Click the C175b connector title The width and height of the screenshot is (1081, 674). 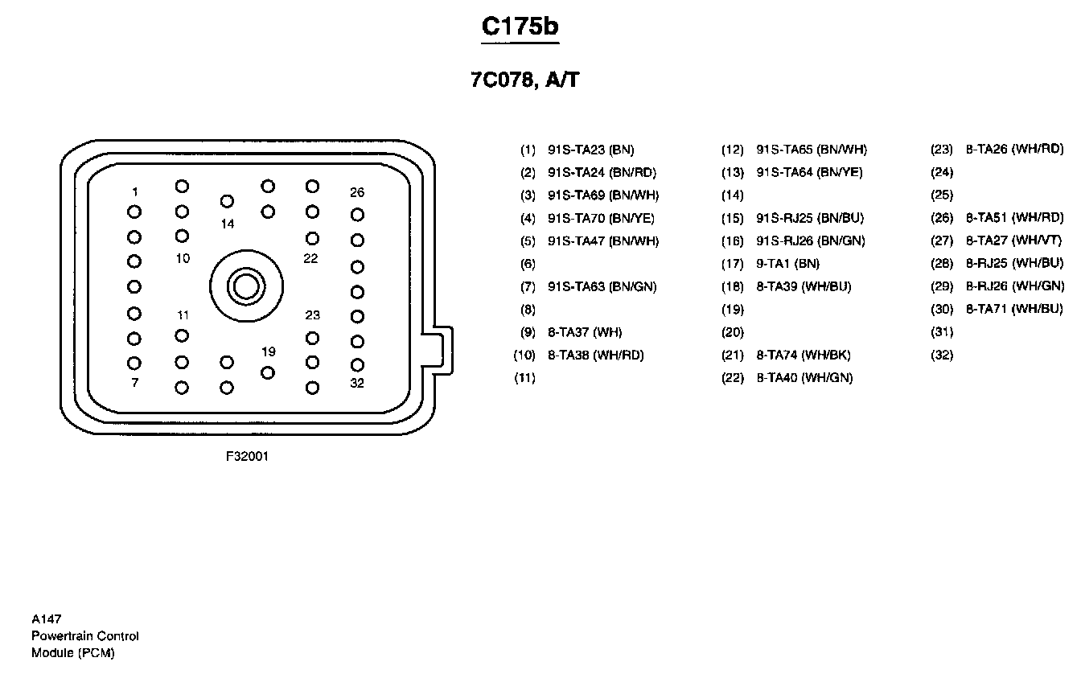pyautogui.click(x=520, y=26)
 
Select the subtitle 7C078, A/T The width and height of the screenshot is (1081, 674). pyautogui.click(x=524, y=80)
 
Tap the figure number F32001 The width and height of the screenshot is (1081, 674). pyautogui.click(x=247, y=456)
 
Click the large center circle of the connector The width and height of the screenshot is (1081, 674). pyautogui.click(x=246, y=286)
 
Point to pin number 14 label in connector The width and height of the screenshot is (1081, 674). pyautogui.click(x=228, y=224)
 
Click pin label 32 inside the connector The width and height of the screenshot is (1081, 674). pyautogui.click(x=356, y=383)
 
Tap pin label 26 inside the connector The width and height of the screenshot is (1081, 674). pyautogui.click(x=356, y=192)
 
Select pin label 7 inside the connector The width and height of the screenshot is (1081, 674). pyautogui.click(x=134, y=383)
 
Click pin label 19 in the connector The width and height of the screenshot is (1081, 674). pyautogui.click(x=269, y=351)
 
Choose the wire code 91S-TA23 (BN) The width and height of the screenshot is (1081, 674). pyautogui.click(x=590, y=150)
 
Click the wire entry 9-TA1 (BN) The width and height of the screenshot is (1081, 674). pyautogui.click(x=787, y=264)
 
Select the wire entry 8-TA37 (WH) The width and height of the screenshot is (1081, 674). pyautogui.click(x=585, y=332)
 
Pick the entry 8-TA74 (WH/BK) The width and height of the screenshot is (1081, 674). pyautogui.click(x=803, y=355)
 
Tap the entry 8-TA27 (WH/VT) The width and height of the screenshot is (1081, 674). pyautogui.click(x=1013, y=240)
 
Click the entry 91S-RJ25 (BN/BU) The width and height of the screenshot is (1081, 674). pyautogui.click(x=810, y=218)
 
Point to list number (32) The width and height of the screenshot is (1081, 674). pyautogui.click(x=942, y=355)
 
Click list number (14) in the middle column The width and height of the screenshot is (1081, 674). pyautogui.click(x=732, y=195)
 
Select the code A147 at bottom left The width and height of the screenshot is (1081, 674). pyautogui.click(x=47, y=619)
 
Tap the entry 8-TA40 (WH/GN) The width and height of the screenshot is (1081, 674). pyautogui.click(x=804, y=378)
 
